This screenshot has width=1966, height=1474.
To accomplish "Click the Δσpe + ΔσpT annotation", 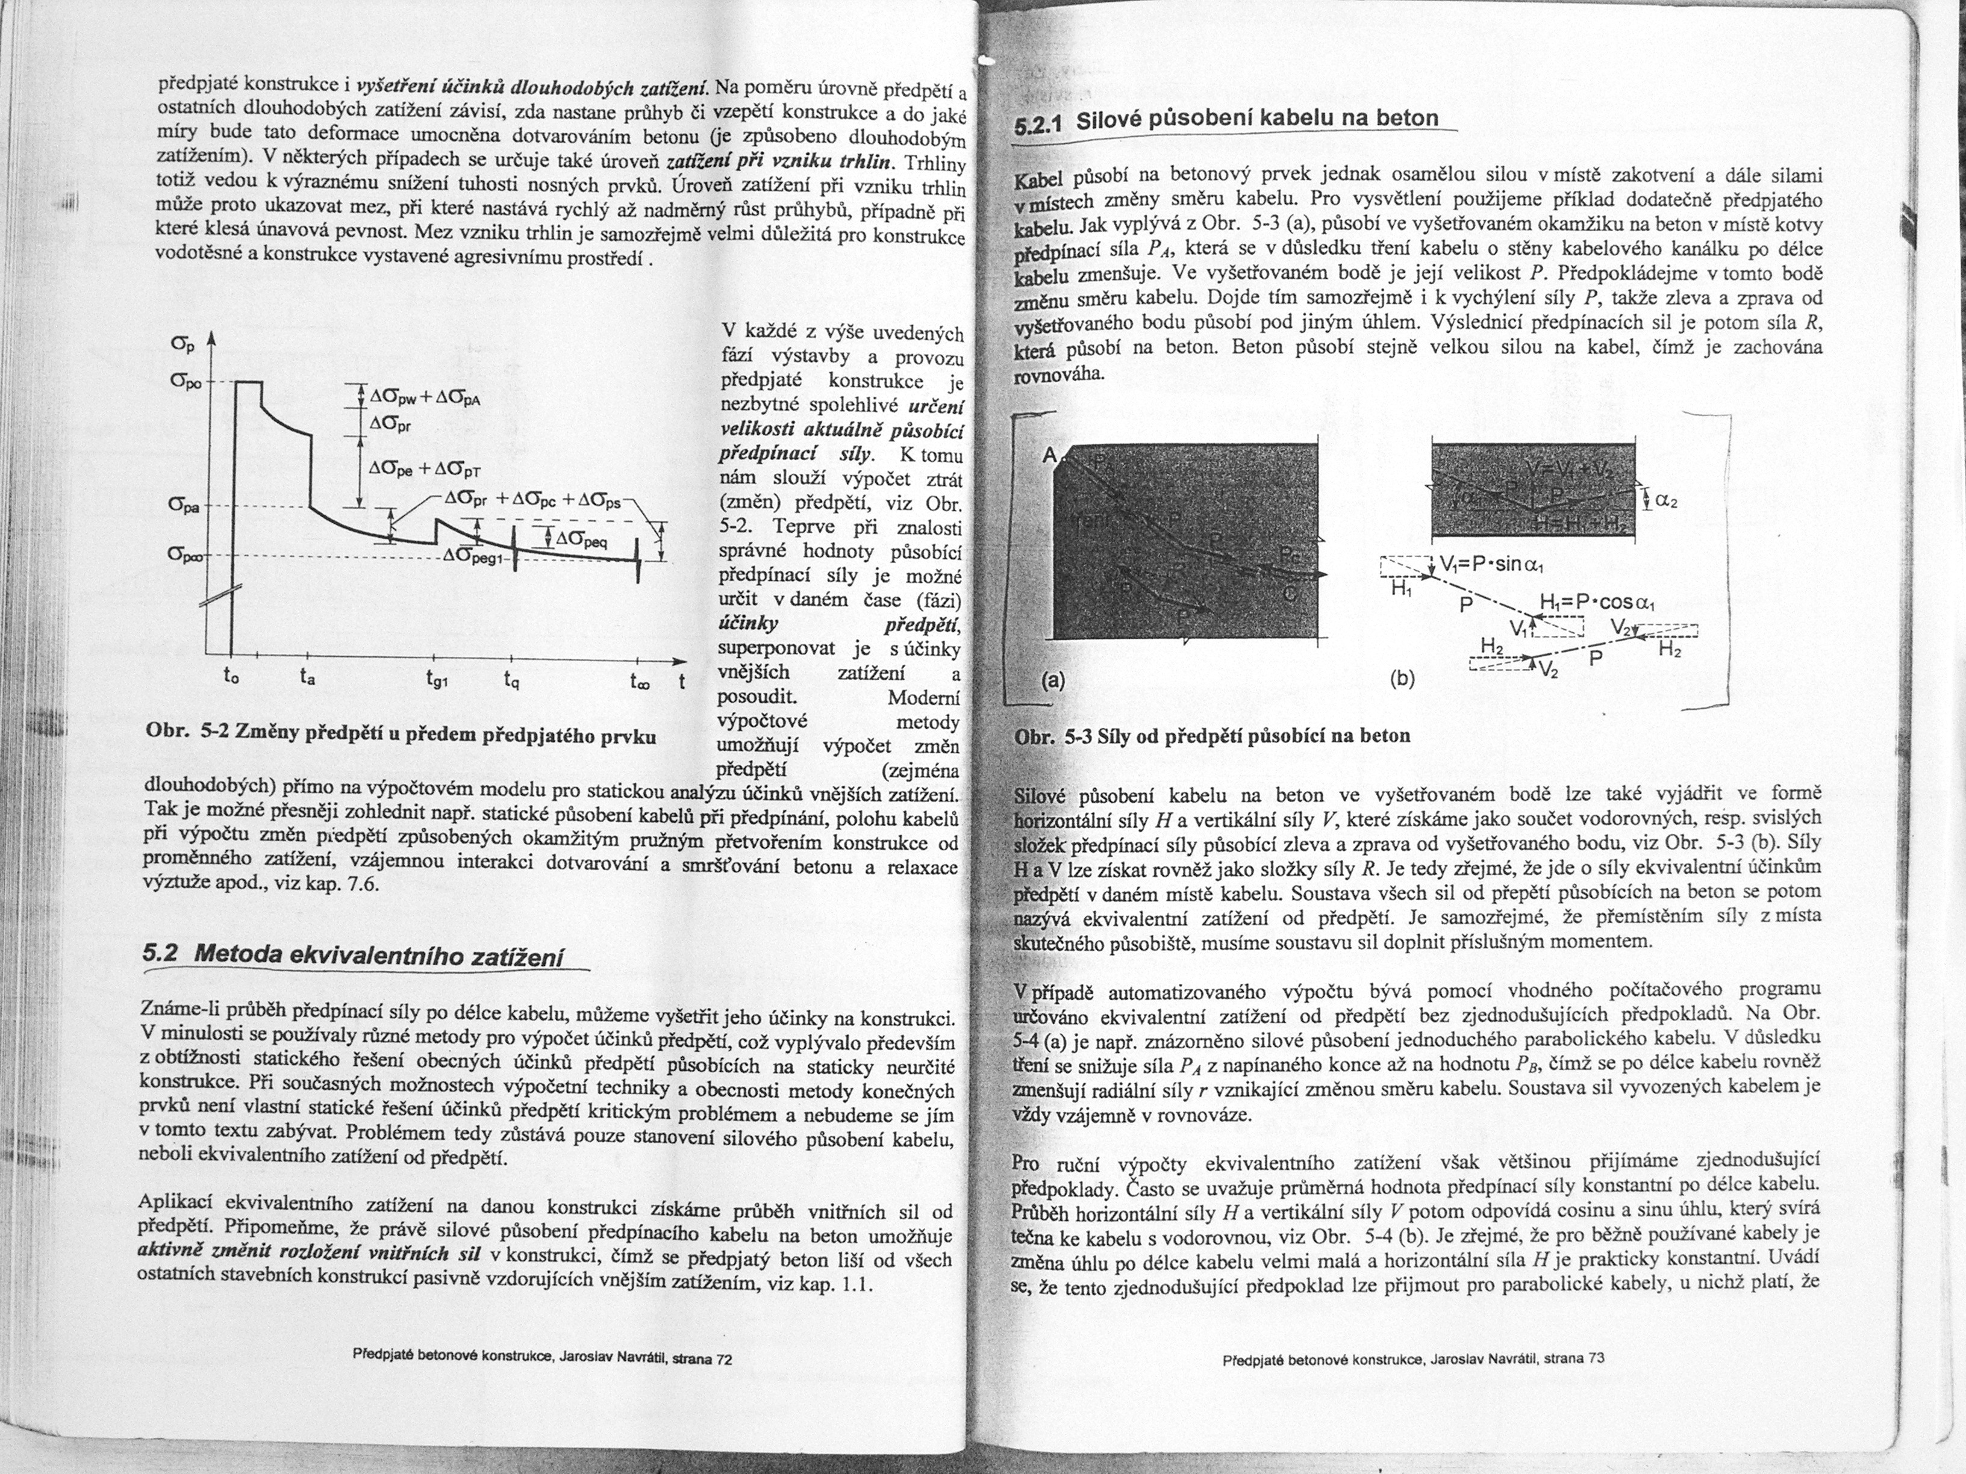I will [424, 470].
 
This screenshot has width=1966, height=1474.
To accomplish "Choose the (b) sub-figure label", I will [1402, 680].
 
